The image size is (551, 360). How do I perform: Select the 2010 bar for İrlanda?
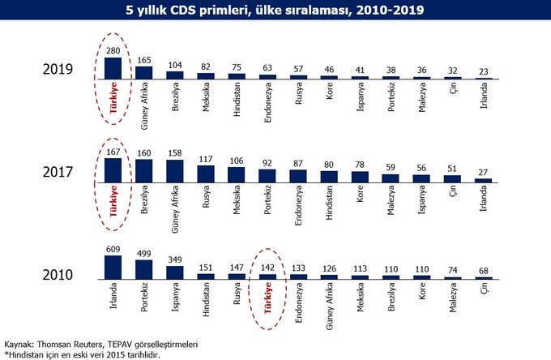[x=113, y=267]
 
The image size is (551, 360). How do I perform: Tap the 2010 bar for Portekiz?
[x=144, y=269]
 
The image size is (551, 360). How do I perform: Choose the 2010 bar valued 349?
[x=175, y=272]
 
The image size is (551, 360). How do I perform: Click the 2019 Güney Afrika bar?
[x=144, y=71]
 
